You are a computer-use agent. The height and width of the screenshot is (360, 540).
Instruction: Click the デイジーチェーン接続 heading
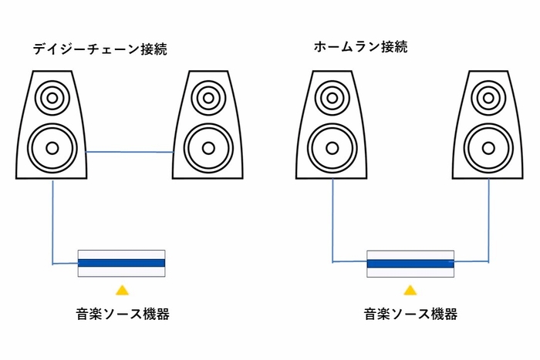100,49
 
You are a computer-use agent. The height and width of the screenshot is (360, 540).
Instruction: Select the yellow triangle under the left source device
122,291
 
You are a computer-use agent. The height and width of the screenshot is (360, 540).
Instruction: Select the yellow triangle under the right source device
410,291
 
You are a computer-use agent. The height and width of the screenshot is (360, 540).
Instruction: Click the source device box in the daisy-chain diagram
122,263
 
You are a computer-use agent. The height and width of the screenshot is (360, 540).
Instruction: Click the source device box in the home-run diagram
410,263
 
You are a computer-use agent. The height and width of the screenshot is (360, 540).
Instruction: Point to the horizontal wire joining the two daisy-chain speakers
129,153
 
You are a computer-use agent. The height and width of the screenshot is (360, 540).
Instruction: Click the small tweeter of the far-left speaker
52,98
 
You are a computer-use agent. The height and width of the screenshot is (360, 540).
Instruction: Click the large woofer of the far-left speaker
52,146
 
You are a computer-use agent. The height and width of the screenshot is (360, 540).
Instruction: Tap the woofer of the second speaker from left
206,146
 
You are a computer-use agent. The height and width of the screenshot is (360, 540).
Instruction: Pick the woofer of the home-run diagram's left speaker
333,146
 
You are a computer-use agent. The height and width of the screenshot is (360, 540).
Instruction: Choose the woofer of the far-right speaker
488,146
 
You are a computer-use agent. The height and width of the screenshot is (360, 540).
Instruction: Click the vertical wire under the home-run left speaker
332,220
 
